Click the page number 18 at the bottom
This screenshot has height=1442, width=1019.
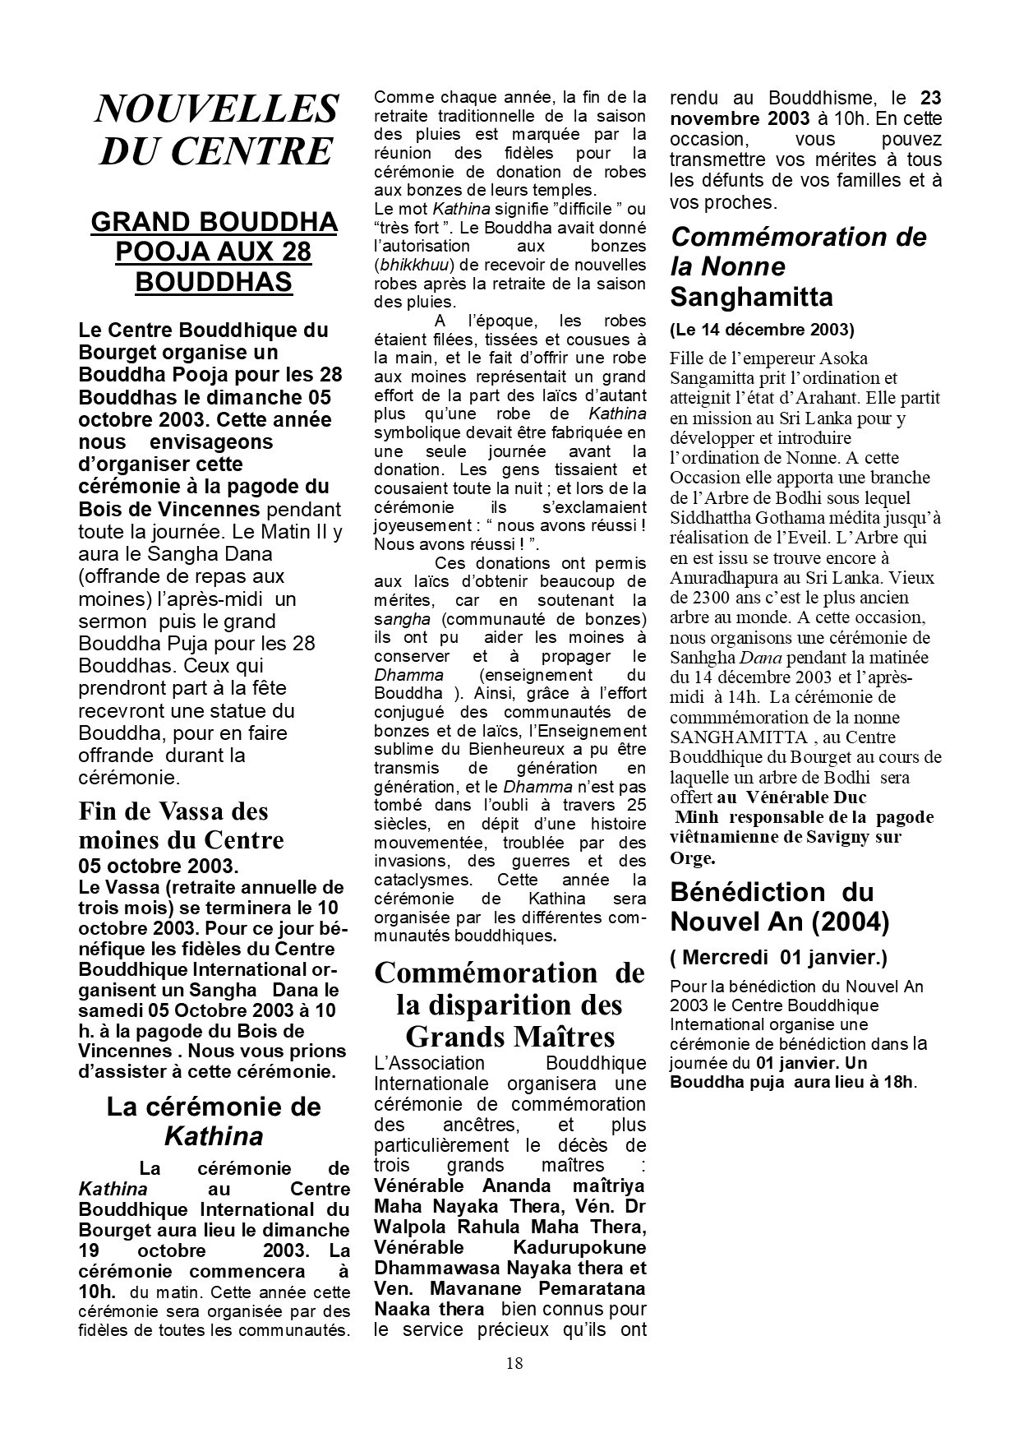pyautogui.click(x=514, y=1363)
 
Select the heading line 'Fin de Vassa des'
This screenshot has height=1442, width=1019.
pyautogui.click(x=173, y=811)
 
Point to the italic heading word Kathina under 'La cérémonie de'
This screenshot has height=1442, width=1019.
pyautogui.click(x=214, y=1137)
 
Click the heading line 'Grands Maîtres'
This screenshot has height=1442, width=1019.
pyautogui.click(x=509, y=1035)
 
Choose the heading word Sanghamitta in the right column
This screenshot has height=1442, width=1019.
pyautogui.click(x=752, y=296)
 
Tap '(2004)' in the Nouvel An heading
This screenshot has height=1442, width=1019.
pyautogui.click(x=851, y=922)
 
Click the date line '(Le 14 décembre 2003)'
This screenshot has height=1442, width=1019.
pyautogui.click(x=762, y=330)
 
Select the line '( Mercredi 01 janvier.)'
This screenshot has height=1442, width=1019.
pyautogui.click(x=779, y=958)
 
